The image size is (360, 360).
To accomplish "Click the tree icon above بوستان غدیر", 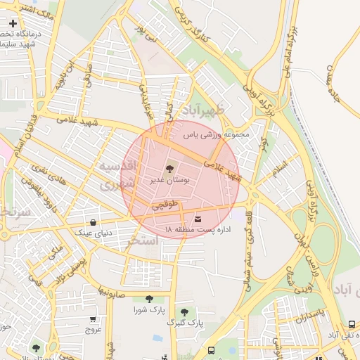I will coord(169,169).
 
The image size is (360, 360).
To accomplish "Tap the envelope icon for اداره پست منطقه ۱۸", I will coord(197,219).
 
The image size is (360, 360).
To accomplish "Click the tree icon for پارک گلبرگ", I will coord(184,311).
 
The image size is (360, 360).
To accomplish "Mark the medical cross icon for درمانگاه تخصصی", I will coord(13,23).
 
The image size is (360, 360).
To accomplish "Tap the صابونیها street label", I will coord(113,289).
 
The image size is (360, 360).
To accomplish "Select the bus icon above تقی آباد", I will coord(352,324).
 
